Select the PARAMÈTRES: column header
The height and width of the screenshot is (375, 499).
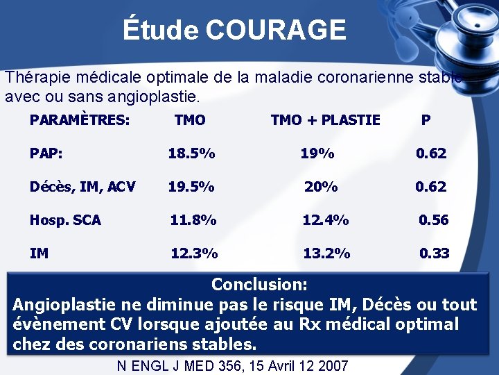click(x=80, y=120)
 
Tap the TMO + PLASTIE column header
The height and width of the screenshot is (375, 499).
click(x=325, y=120)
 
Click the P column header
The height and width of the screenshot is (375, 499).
click(x=426, y=120)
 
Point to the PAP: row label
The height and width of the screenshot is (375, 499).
click(x=45, y=153)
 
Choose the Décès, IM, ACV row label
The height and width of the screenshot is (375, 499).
click(x=82, y=186)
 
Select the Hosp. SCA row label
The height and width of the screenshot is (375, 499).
click(x=65, y=220)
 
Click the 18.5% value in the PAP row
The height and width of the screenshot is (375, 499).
click(x=191, y=153)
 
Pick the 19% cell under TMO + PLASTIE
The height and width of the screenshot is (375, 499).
click(x=317, y=153)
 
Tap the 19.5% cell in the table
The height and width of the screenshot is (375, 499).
click(x=191, y=186)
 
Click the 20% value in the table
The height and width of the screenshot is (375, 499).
click(x=322, y=186)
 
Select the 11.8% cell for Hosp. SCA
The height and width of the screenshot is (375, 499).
click(x=193, y=220)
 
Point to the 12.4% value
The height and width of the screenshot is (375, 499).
click(x=326, y=220)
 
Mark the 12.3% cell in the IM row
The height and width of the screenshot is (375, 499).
click(x=194, y=253)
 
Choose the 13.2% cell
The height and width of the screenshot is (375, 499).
click(x=326, y=253)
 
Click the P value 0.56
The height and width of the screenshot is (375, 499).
click(x=434, y=220)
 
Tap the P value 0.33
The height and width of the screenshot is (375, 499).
click(x=435, y=253)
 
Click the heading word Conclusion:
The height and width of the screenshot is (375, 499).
click(x=259, y=284)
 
